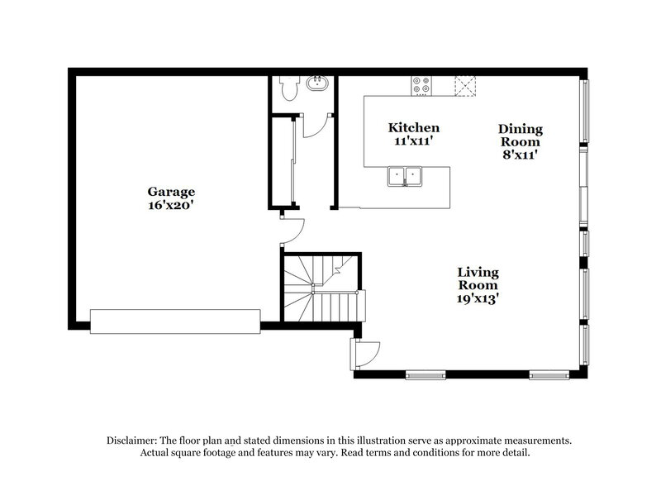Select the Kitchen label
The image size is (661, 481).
click(414, 128)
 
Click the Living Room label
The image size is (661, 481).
click(478, 279)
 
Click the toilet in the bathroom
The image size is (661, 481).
click(287, 87)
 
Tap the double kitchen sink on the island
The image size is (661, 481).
click(405, 174)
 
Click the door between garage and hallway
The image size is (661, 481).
click(292, 230)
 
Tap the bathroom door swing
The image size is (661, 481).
click(316, 124)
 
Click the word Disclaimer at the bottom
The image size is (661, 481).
click(132, 441)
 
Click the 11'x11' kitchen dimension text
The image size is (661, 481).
click(414, 141)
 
